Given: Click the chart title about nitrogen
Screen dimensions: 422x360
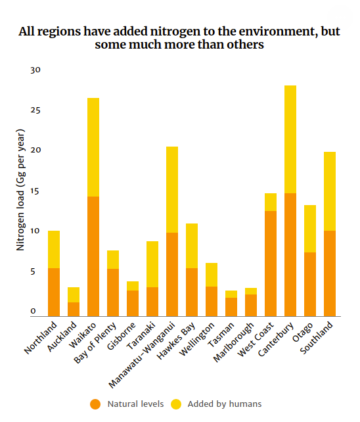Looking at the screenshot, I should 179,38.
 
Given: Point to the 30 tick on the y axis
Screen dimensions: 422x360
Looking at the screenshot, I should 35,70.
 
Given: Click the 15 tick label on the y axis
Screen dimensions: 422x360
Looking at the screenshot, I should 35,191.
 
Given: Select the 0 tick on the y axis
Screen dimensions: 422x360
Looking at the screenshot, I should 38,312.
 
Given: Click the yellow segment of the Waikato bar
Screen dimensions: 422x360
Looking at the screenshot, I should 93,147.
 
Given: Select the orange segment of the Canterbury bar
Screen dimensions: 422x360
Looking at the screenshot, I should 290,254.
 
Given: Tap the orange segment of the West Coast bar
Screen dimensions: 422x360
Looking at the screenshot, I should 270,263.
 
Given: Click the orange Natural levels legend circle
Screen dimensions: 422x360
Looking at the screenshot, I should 95,404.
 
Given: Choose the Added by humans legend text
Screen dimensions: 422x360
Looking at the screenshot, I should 225,404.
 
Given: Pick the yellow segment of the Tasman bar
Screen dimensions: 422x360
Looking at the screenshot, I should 231,294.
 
